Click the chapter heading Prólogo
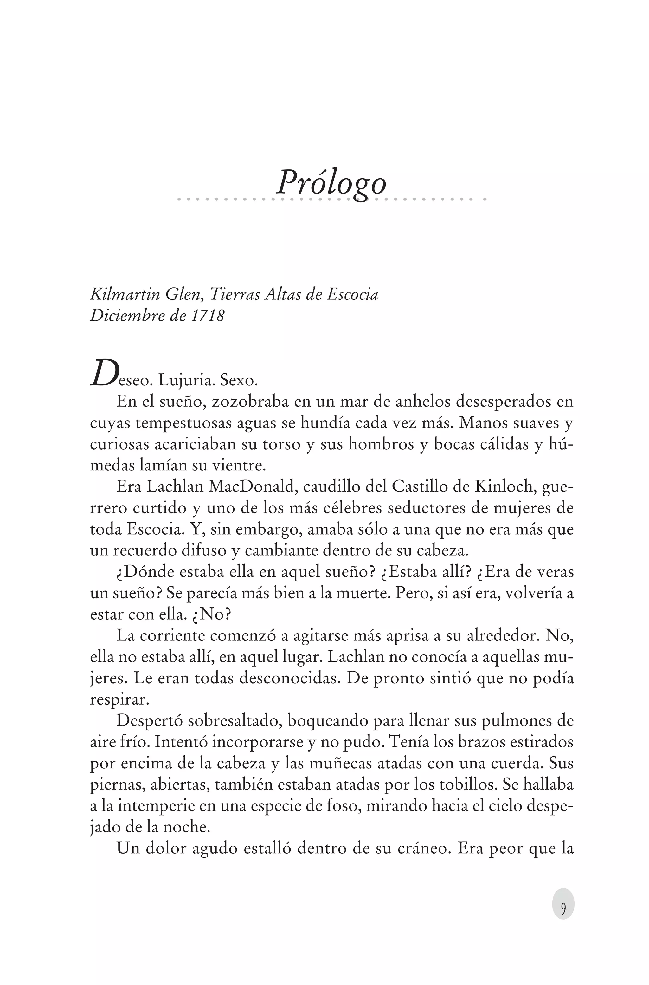coord(331,183)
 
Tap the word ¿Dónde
coord(141,572)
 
